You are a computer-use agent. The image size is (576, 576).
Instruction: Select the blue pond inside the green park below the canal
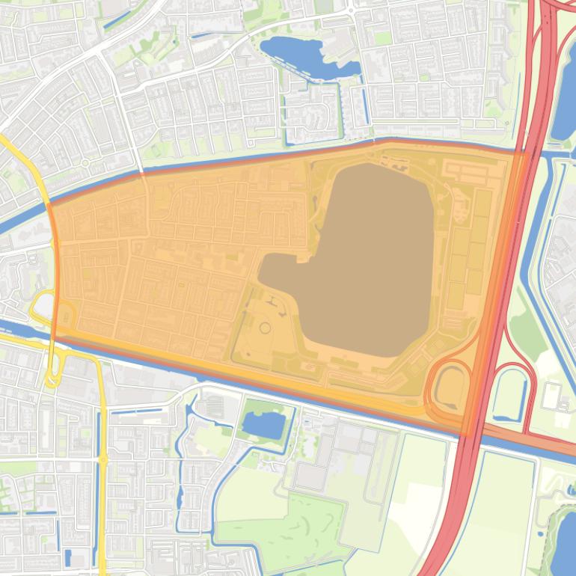pos(262,425)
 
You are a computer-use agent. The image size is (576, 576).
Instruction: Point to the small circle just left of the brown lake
pos(264,328)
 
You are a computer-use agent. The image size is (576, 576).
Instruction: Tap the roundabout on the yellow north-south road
pos(102,457)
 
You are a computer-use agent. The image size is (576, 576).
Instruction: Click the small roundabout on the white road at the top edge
pos(351,10)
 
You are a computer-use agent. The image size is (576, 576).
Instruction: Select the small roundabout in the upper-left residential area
pos(85,162)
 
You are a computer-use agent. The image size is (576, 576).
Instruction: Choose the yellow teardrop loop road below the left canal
pos(52,374)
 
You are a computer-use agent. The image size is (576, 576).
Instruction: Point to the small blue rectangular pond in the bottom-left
pos(69,557)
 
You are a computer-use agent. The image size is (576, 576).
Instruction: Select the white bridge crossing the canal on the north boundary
pos(142,173)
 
